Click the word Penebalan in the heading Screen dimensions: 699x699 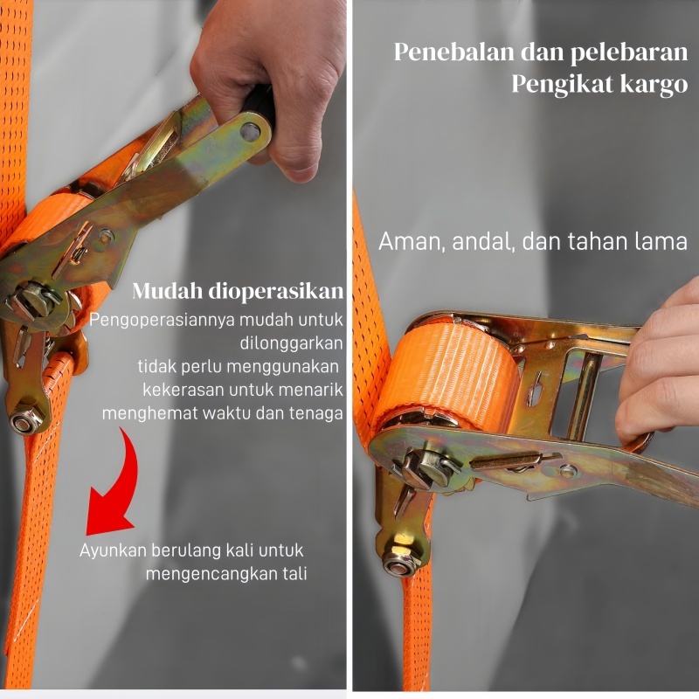point(453,52)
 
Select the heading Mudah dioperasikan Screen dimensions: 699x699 point(238,291)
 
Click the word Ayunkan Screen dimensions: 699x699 point(113,550)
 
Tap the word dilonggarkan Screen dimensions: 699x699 point(292,343)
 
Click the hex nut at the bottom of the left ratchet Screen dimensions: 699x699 point(25,421)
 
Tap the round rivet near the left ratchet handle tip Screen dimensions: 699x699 point(250,132)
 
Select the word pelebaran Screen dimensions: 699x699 point(629,52)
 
